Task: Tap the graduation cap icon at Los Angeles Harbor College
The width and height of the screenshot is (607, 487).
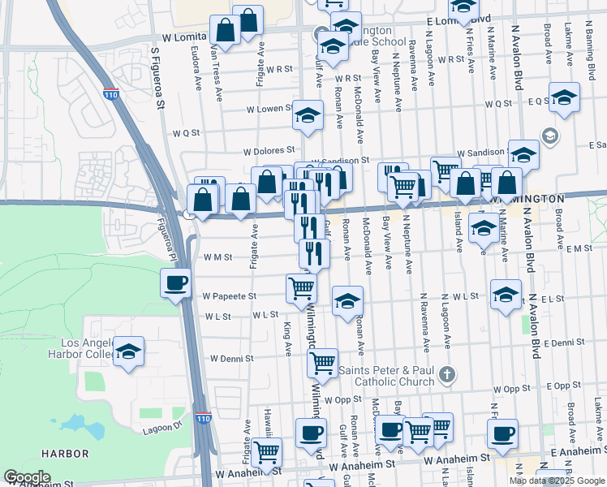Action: coord(128,352)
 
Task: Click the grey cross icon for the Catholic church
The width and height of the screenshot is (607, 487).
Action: coord(446,375)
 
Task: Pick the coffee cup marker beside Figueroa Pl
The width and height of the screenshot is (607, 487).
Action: coord(176,284)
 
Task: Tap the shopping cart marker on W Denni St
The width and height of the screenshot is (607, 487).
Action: coord(323,363)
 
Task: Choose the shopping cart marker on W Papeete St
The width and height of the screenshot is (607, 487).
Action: coord(302,287)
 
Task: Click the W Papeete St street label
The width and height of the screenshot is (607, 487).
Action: coord(230,296)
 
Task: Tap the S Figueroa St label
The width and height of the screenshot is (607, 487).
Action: coord(160,78)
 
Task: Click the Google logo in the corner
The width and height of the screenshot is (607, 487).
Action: coord(28,477)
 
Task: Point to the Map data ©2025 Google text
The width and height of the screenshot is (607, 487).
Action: coord(557,481)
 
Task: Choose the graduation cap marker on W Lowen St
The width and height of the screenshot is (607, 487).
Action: coord(308,116)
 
